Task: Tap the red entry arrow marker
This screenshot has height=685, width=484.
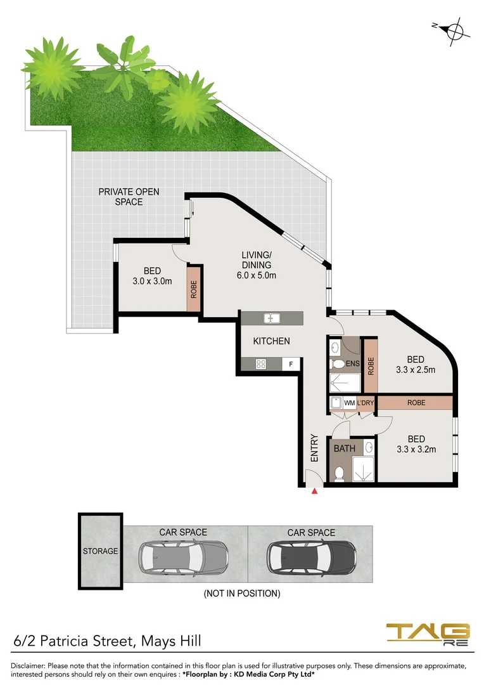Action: [314, 490]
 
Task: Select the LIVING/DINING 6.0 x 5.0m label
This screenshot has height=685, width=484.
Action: [256, 265]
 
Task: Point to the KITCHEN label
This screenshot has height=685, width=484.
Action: [271, 341]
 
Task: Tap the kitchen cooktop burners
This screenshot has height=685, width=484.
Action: [260, 364]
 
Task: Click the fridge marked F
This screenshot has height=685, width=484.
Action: [291, 364]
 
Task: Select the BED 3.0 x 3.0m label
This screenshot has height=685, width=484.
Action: [152, 276]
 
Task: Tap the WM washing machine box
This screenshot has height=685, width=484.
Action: [349, 403]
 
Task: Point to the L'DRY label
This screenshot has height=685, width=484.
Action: [366, 403]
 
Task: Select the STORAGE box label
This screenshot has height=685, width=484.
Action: [100, 551]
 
